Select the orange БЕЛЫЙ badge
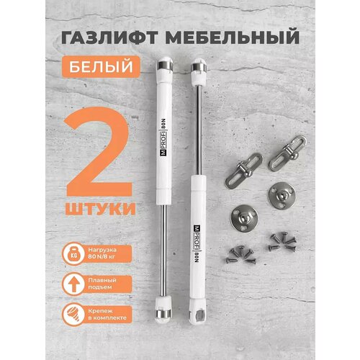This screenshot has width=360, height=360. point(111,67)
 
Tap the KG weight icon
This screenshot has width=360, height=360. point(76,254)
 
